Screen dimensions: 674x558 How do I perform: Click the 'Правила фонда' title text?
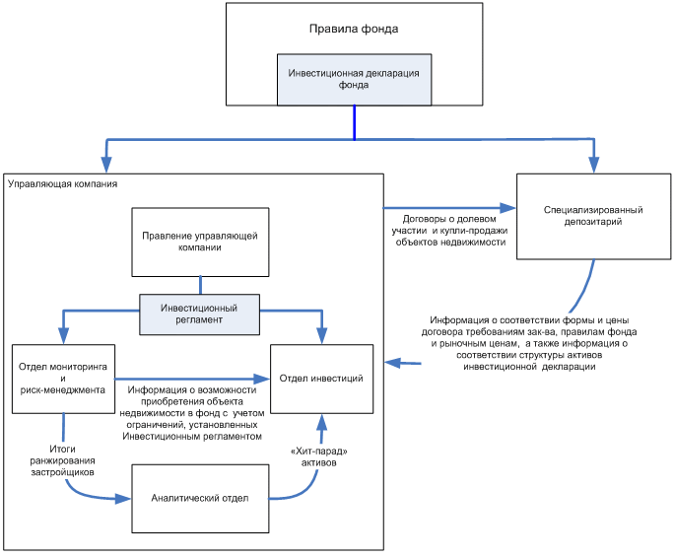pyautogui.click(x=354, y=29)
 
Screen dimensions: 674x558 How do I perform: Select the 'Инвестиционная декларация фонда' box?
pyautogui.click(x=354, y=80)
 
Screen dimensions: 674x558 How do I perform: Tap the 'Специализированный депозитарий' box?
pyautogui.click(x=593, y=217)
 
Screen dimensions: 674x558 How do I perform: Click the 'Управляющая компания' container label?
pyautogui.click(x=62, y=184)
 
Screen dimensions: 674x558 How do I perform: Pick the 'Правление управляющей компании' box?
pyautogui.click(x=200, y=243)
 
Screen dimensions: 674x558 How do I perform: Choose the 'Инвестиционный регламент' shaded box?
pyautogui.click(x=199, y=314)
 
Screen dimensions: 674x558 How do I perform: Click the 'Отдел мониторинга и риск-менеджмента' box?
pyautogui.click(x=64, y=379)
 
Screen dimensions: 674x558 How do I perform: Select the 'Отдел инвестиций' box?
pyautogui.click(x=321, y=379)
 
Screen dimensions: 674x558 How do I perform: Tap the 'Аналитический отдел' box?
pyautogui.click(x=200, y=499)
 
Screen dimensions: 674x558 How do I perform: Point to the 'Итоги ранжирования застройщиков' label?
pyautogui.click(x=62, y=460)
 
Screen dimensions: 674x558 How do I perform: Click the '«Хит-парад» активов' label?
pyautogui.click(x=319, y=456)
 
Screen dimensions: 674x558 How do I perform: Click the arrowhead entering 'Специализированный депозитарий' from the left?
pyautogui.click(x=508, y=208)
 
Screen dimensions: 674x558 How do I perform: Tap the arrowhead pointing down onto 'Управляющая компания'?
pyautogui.click(x=106, y=165)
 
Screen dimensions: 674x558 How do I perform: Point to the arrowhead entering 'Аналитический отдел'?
pyautogui.click(x=123, y=499)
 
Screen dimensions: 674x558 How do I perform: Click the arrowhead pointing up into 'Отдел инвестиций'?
pyautogui.click(x=321, y=422)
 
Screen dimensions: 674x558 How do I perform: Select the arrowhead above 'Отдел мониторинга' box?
pyautogui.click(x=64, y=336)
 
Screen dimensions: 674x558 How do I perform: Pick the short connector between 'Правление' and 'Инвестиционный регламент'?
pyautogui.click(x=200, y=286)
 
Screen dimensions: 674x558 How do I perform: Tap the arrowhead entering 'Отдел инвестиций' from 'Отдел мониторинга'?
pyautogui.click(x=262, y=379)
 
